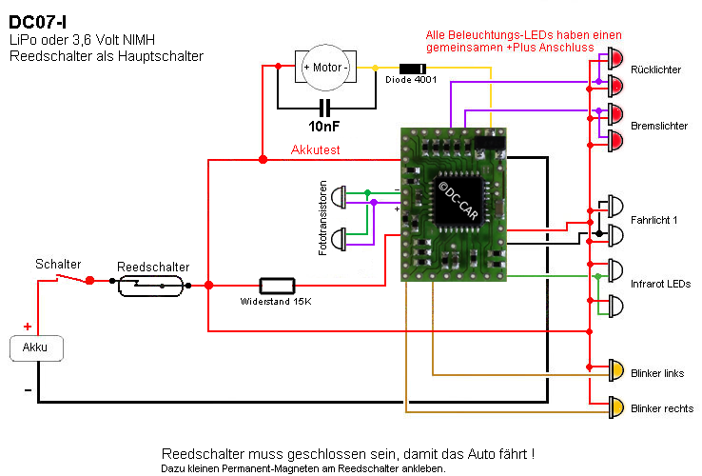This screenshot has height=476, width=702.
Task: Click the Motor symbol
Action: coord(325,68)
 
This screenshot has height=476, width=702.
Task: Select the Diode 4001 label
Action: coord(412,81)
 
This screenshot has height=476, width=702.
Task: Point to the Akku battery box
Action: coord(36,348)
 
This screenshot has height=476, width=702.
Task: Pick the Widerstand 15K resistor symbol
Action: coord(277,284)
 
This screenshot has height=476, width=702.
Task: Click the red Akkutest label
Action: coord(316,149)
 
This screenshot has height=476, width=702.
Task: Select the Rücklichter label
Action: coord(655,69)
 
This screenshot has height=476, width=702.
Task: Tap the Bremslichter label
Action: coord(659,126)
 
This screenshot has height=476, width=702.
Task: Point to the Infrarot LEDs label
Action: coord(660,284)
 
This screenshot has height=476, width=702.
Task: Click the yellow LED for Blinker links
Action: coord(615,369)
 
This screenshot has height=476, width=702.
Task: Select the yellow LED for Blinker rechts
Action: coord(615,407)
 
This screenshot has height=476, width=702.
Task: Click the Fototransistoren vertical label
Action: coord(323,216)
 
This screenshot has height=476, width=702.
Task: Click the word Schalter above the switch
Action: coord(58,264)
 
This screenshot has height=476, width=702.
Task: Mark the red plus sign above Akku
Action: coord(27,327)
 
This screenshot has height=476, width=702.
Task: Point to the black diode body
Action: coord(412,68)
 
